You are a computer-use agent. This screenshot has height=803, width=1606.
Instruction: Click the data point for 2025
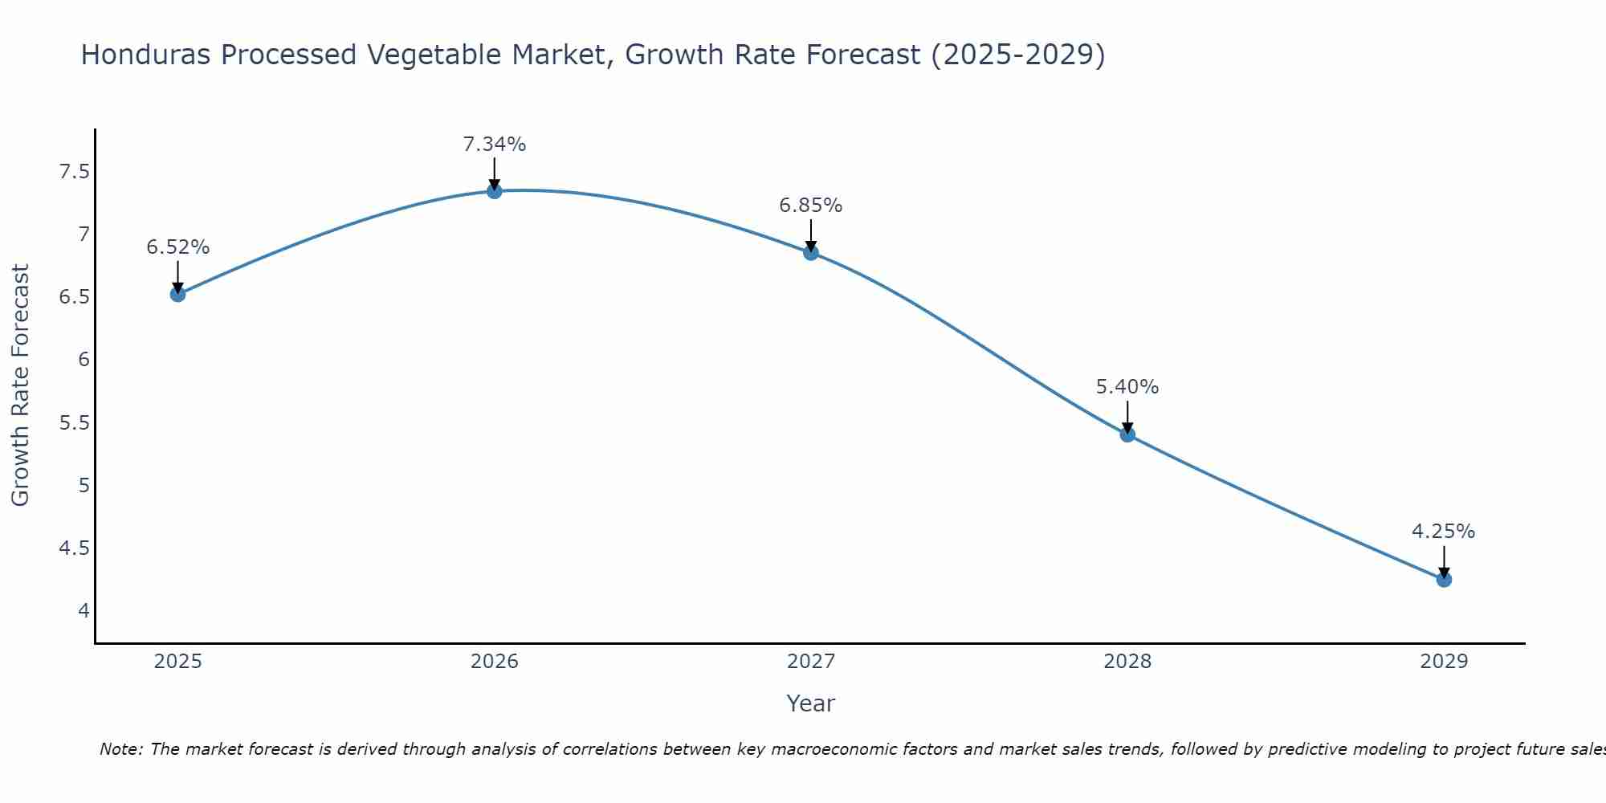click(x=178, y=294)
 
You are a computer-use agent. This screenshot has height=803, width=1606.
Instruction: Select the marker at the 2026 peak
click(x=495, y=191)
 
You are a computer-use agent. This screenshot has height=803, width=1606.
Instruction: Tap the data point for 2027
click(x=811, y=253)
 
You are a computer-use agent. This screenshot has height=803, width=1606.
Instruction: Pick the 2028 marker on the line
click(x=1127, y=434)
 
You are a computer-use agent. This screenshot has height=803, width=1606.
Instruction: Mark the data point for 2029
click(x=1444, y=579)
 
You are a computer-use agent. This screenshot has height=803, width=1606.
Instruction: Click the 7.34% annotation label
click(x=495, y=145)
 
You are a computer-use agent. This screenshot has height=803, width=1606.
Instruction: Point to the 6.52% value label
click(x=178, y=247)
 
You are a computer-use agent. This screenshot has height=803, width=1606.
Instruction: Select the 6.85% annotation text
click(x=811, y=206)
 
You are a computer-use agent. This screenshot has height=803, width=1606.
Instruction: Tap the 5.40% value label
click(x=1127, y=387)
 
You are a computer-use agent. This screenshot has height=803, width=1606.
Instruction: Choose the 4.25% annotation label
click(x=1444, y=532)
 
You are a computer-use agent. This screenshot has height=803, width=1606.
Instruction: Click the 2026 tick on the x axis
click(x=495, y=662)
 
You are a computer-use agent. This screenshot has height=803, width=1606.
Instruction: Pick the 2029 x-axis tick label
click(x=1444, y=662)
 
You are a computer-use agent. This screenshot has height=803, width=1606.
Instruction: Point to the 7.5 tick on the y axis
click(x=75, y=172)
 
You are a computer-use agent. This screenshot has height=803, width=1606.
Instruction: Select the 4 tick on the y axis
click(x=84, y=610)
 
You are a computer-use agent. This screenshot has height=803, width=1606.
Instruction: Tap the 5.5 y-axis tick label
click(x=75, y=422)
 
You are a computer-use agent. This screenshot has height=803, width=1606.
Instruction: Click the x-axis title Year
click(x=811, y=703)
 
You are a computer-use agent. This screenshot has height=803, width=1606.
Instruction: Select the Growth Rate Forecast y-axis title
click(x=20, y=385)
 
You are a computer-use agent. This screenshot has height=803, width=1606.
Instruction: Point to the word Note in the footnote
click(x=120, y=749)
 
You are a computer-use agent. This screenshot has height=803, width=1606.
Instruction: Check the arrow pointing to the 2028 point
click(x=1127, y=416)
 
